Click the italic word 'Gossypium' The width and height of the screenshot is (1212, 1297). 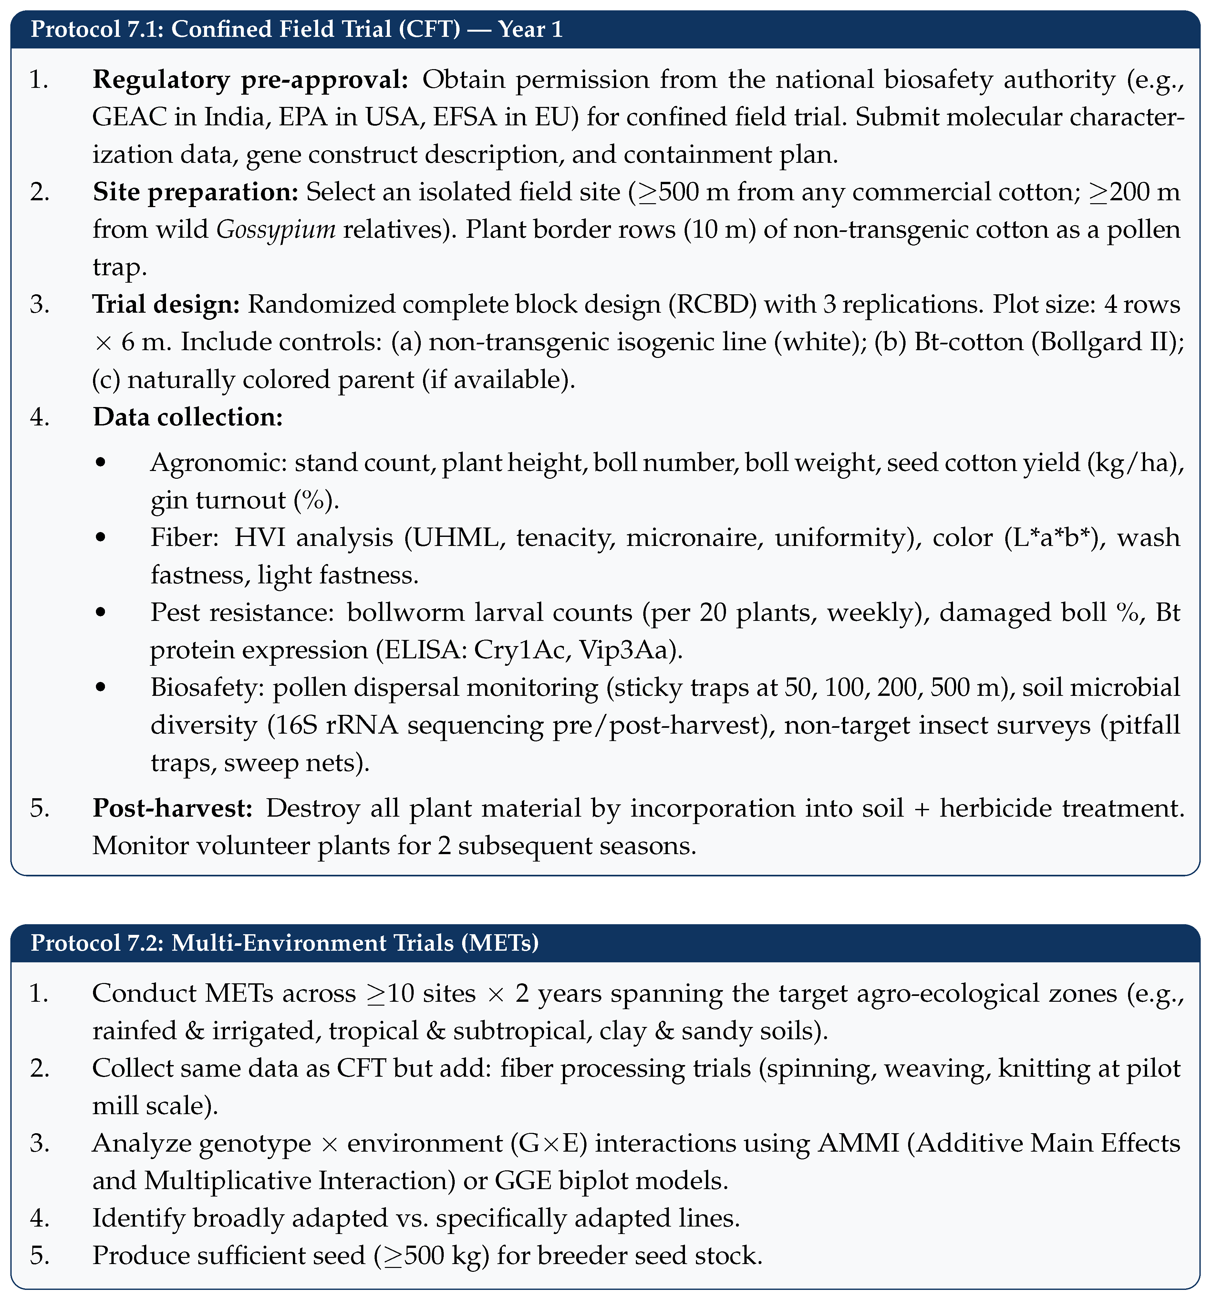[276, 230]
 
